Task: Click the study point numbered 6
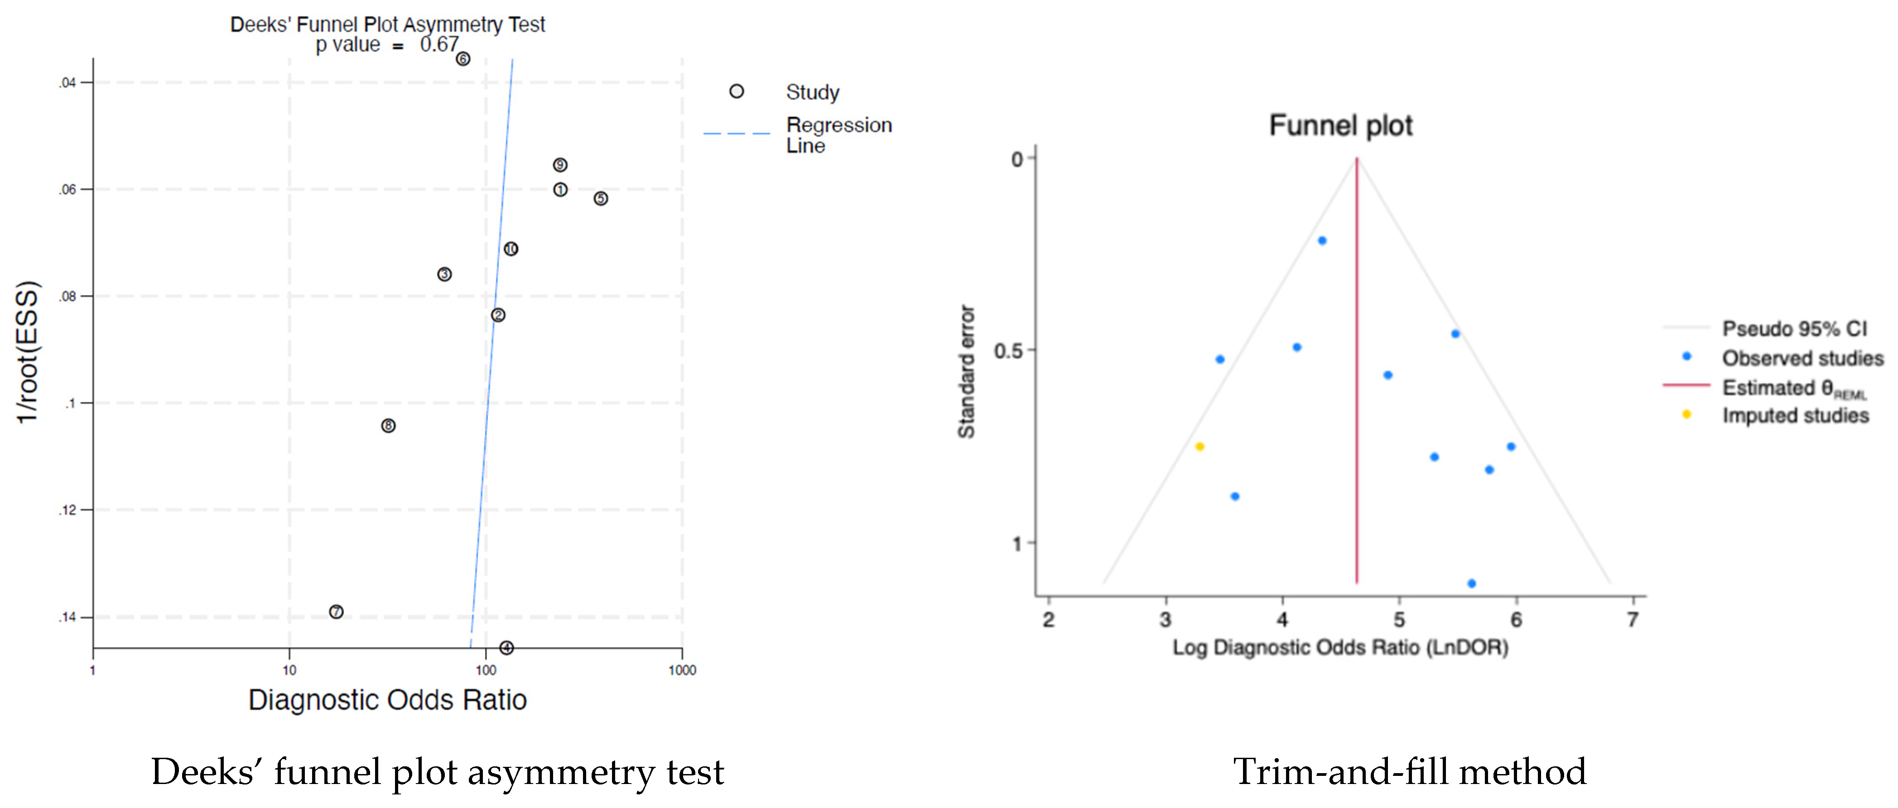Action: tap(462, 59)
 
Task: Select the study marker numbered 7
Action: tap(336, 612)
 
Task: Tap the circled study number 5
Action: tap(601, 199)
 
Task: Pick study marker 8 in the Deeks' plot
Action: tap(388, 426)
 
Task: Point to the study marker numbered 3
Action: tap(444, 274)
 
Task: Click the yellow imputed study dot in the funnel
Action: tap(1199, 446)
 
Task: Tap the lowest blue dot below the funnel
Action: tap(1471, 583)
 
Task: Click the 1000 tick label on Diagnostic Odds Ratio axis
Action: tap(682, 670)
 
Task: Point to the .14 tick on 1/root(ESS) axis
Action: tap(68, 617)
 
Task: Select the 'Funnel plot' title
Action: tap(1340, 125)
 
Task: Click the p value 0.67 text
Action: tap(387, 45)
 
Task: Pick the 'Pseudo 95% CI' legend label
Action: tap(1794, 329)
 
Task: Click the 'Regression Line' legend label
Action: tap(838, 135)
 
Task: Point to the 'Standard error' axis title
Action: tap(966, 372)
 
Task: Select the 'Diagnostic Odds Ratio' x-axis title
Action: tap(388, 700)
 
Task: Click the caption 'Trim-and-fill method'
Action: tap(1410, 772)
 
